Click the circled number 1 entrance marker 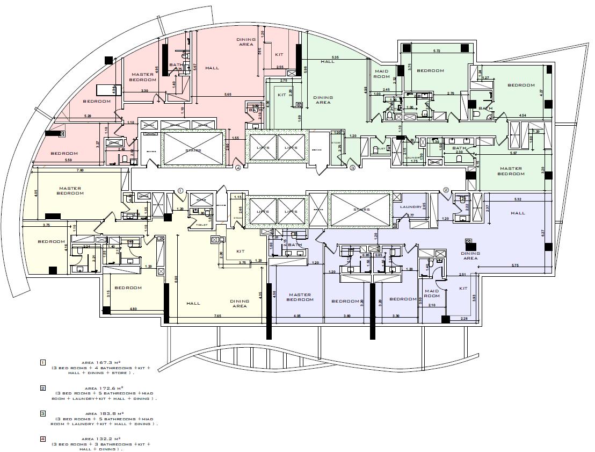coord(180,190)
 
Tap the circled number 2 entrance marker coord(446,190)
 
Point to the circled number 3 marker coord(353,168)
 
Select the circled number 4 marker coord(238,167)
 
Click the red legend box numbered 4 coord(43,439)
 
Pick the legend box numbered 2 coord(43,388)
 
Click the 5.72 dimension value coord(437,51)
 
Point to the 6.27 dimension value coord(543,232)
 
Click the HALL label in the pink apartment coord(212,68)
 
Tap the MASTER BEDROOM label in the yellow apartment coord(70,191)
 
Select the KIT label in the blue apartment coord(463,289)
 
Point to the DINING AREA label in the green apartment coord(323,100)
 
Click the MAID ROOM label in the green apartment coord(382,74)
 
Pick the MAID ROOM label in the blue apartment coord(432,293)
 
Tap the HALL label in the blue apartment coord(518,213)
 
